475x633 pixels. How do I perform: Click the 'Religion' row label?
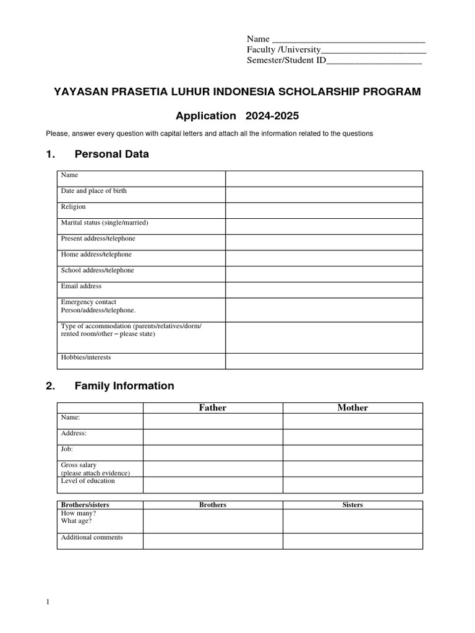tap(73, 207)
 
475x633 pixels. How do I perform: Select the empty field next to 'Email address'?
tap(324, 290)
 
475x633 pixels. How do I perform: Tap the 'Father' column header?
tap(212, 408)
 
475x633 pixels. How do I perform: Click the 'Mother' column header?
tap(353, 408)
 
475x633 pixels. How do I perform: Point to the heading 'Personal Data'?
tap(111, 154)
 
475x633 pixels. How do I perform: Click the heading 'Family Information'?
tap(124, 386)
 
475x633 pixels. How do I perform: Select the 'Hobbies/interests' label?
tap(86, 358)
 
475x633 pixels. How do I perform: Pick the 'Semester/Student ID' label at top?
tap(286, 61)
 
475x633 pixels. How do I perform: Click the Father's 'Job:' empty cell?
tap(213, 452)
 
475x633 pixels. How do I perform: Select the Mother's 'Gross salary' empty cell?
tap(353, 469)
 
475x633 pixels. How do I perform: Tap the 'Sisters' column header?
tap(353, 505)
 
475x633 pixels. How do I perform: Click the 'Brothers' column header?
tap(212, 505)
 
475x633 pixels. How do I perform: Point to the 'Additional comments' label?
tap(92, 538)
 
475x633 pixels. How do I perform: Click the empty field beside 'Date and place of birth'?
tap(324, 195)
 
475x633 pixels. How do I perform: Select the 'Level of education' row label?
tap(88, 481)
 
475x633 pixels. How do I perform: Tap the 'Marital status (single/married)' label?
tap(105, 223)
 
